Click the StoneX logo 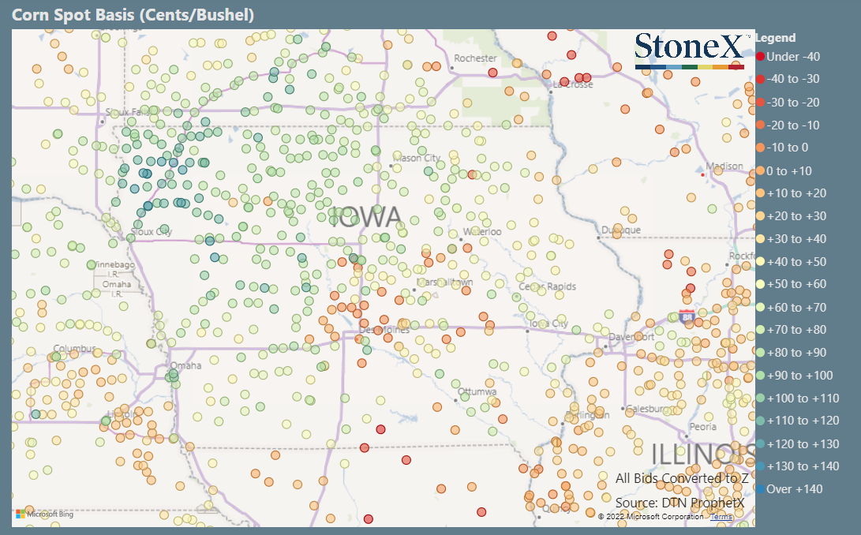point(689,47)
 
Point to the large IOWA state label point(365,217)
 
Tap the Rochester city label point(475,58)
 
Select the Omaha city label point(186,365)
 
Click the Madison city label point(724,166)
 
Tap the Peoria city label point(702,427)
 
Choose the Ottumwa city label point(477,392)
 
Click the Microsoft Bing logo point(43,514)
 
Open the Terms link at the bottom point(721,517)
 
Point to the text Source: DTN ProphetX point(680,502)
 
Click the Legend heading point(776,38)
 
